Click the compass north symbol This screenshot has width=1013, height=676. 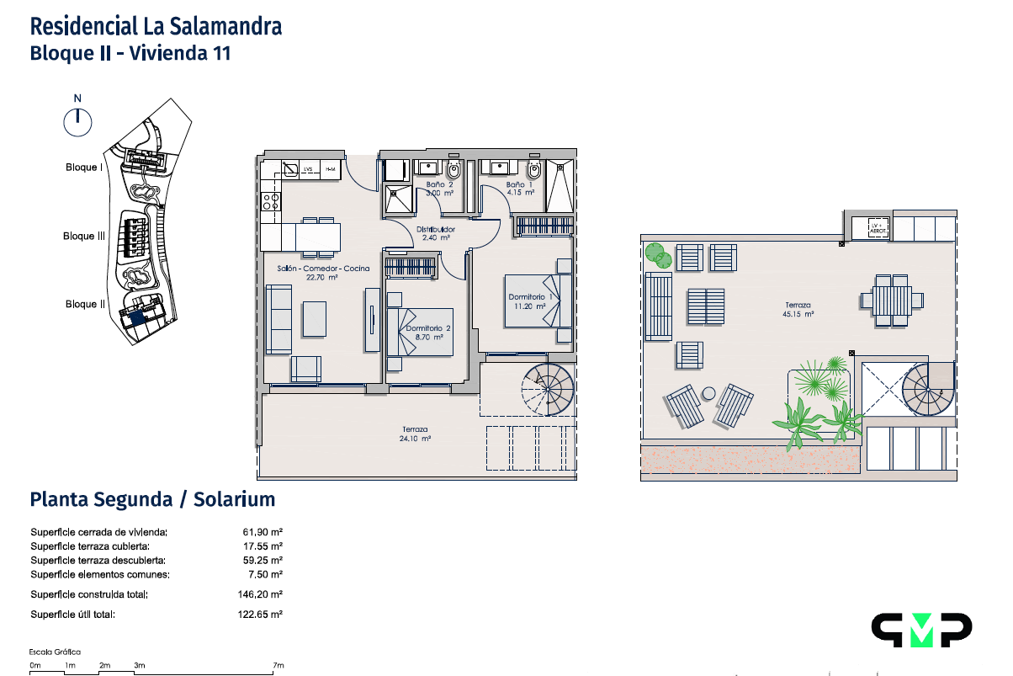(x=77, y=121)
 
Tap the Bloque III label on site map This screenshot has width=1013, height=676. (x=84, y=237)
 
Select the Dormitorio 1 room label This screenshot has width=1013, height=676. (x=530, y=297)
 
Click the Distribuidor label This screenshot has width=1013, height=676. (x=436, y=229)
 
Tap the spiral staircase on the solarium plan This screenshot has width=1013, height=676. (x=928, y=390)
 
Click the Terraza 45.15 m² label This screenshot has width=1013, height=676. (x=798, y=310)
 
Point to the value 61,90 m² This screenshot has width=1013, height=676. (x=263, y=532)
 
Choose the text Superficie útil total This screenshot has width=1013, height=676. (x=72, y=615)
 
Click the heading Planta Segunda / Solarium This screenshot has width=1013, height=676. (x=152, y=499)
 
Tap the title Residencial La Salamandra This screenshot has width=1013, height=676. (x=156, y=26)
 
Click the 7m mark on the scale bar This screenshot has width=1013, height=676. (x=278, y=666)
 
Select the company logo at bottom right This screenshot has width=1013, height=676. (x=920, y=630)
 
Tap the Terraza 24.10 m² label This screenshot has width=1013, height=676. (x=414, y=434)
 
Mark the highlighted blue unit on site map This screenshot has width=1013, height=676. (x=135, y=317)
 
